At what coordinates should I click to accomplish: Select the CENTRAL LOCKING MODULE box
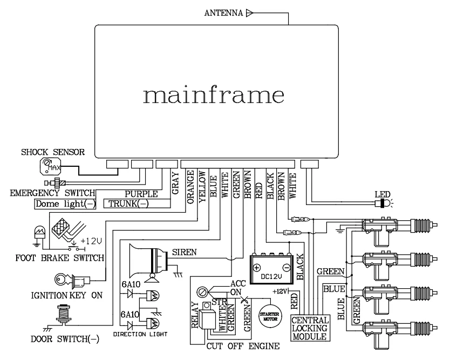point(309,328)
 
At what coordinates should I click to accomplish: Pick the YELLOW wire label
point(202,186)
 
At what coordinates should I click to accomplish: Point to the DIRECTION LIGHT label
point(140,334)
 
